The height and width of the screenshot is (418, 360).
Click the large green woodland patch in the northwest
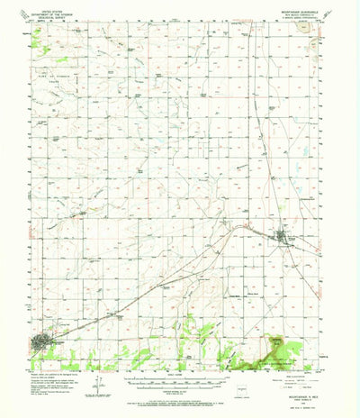37,39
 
